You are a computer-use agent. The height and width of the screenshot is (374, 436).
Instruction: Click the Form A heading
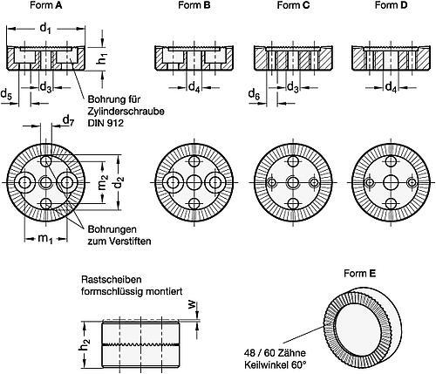point(46,5)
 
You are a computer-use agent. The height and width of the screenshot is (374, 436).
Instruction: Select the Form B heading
point(194,5)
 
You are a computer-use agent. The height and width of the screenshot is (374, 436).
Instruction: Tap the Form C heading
point(293,5)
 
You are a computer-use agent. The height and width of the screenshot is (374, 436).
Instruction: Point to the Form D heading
point(391,5)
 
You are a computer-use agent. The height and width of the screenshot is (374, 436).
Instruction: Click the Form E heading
point(359,274)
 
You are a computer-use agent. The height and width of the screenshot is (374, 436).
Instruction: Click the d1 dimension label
point(45,29)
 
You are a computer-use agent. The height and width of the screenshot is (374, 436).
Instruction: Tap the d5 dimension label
point(6,94)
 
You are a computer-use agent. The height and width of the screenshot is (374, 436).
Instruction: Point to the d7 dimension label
point(69,120)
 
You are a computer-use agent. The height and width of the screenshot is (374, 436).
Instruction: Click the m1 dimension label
point(45,239)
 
